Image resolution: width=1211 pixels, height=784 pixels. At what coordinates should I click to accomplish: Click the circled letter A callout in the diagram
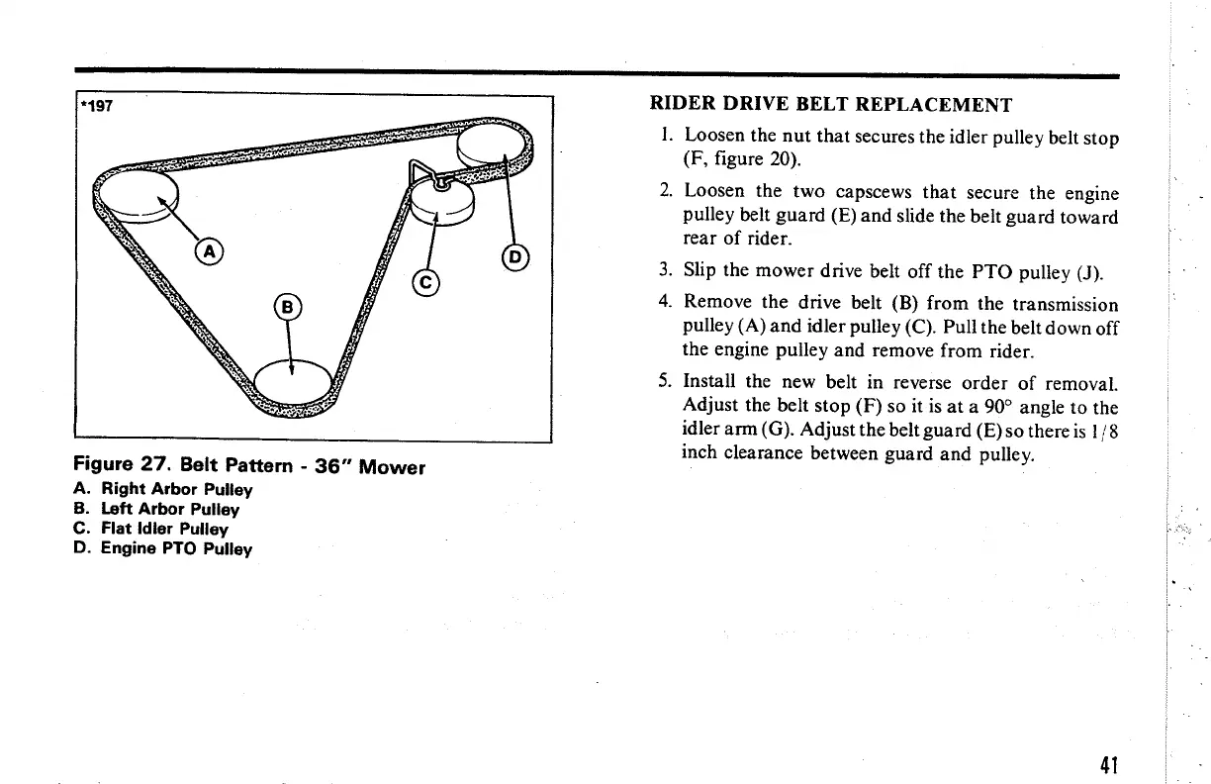click(208, 251)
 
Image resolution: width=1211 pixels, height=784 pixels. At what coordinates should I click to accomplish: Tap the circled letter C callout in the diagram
click(426, 283)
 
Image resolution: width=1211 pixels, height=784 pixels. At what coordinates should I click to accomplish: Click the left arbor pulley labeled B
click(293, 378)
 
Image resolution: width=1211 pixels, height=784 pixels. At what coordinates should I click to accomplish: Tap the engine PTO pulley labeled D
click(492, 146)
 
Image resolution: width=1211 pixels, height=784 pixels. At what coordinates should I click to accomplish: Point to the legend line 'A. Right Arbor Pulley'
click(164, 489)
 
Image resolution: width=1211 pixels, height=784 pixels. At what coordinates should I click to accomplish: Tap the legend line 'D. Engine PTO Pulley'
click(164, 548)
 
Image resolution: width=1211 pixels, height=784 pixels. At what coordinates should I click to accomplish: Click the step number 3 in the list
click(665, 270)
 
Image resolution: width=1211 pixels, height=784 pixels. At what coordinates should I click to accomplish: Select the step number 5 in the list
click(665, 381)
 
